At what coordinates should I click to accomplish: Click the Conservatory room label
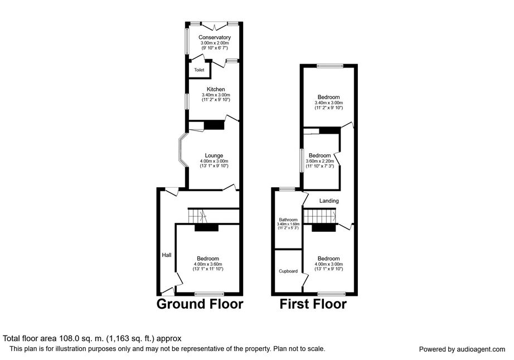pos(215,37)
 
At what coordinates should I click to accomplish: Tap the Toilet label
pos(199,70)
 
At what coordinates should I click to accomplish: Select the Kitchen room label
pos(216,89)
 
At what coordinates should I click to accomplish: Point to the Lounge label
pos(214,155)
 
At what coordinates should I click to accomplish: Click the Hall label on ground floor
pos(166,255)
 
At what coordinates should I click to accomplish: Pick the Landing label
pos(328,201)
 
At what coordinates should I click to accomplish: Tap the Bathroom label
pos(289,220)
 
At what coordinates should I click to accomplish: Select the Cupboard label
pos(288,271)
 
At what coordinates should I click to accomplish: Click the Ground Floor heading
pos(200,304)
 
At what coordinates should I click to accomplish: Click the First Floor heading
pos(313,304)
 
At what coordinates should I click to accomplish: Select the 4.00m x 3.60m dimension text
pos(207,264)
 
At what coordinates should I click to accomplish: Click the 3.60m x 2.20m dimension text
pos(320,161)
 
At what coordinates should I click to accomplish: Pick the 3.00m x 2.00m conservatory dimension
pos(215,43)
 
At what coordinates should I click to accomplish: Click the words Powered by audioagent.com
pos(462,349)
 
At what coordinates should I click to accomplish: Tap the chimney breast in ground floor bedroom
pos(206,227)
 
